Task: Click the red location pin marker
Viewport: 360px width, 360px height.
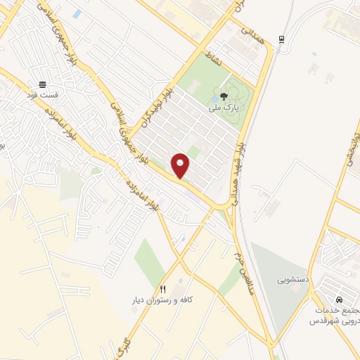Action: (x=181, y=165)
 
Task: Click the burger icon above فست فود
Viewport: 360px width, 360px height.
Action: (x=43, y=82)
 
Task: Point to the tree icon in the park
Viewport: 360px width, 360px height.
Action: (x=224, y=98)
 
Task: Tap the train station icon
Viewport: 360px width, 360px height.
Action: (x=281, y=39)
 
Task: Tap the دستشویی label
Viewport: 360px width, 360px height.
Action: (x=292, y=280)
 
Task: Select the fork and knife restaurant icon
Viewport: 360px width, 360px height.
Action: (x=163, y=289)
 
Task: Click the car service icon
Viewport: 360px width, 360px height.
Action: (x=340, y=299)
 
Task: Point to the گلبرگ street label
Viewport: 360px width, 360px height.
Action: (x=124, y=346)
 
